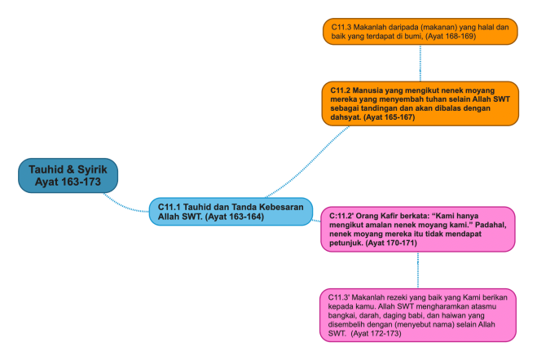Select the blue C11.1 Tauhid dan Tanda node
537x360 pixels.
[x=231, y=212]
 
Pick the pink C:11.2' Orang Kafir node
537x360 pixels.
[x=418, y=229]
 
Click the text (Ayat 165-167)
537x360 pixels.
[x=391, y=117]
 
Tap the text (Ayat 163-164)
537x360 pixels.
[x=234, y=217]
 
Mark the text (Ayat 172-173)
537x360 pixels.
[x=373, y=333]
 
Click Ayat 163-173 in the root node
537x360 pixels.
[x=68, y=182]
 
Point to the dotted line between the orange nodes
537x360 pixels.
[x=420, y=61]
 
